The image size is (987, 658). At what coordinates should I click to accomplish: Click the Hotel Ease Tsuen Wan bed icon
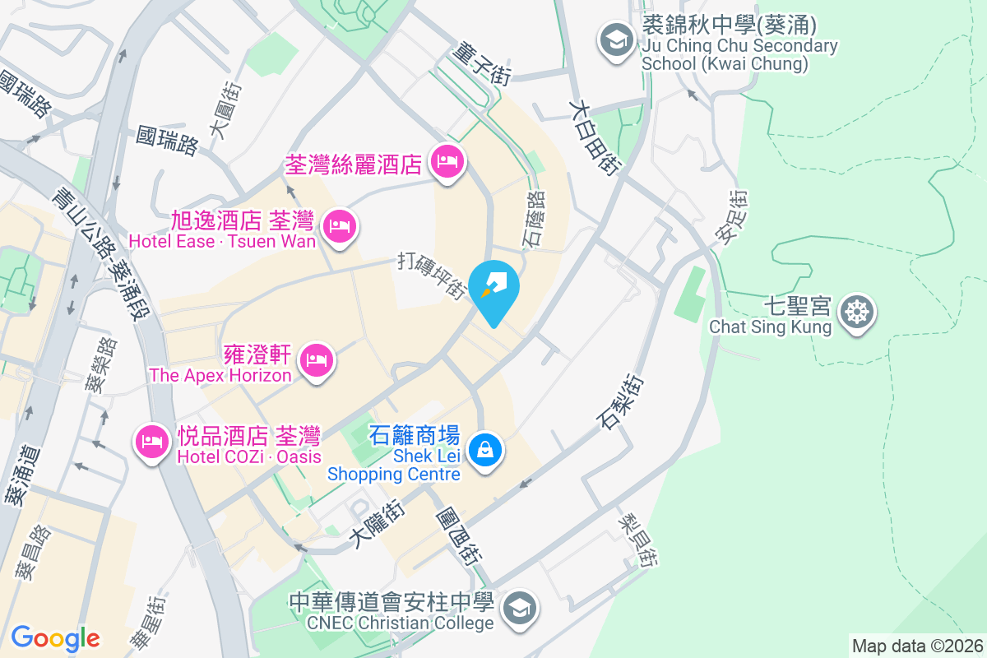[x=340, y=225]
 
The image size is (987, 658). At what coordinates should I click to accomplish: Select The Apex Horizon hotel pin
[x=317, y=359]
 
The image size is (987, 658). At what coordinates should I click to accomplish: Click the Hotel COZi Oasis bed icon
[x=152, y=442]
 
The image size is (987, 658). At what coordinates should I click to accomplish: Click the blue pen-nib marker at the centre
[x=495, y=286]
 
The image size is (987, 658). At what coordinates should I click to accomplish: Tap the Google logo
[x=55, y=637]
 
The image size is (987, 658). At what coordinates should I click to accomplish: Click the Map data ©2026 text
[x=916, y=646]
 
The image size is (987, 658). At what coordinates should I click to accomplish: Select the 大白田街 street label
[x=594, y=137]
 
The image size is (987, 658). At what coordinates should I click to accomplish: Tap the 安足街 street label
[x=730, y=216]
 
